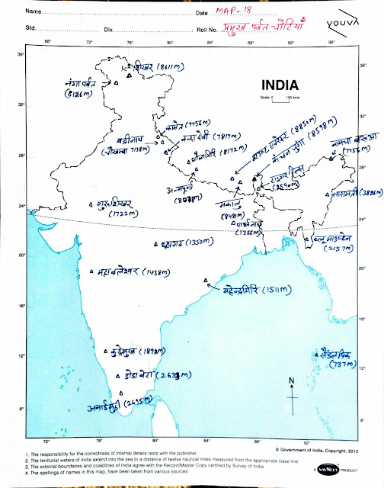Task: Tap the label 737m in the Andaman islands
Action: click(335, 364)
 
